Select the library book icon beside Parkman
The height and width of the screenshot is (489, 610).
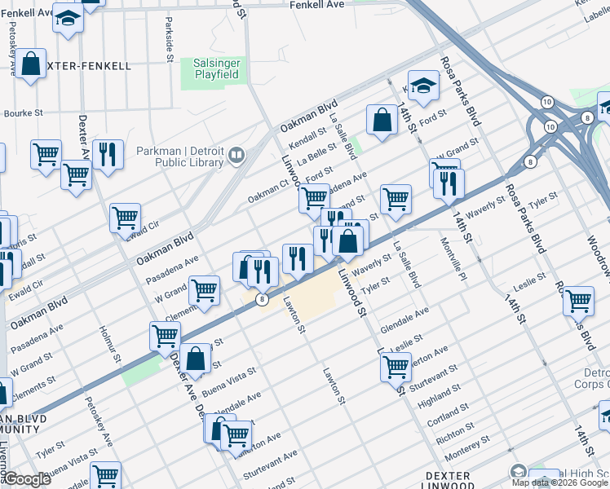(x=236, y=154)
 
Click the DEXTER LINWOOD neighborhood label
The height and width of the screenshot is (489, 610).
(x=449, y=479)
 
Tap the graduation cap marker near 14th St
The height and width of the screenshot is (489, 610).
(x=423, y=86)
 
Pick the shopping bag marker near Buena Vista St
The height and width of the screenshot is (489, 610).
(x=196, y=358)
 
